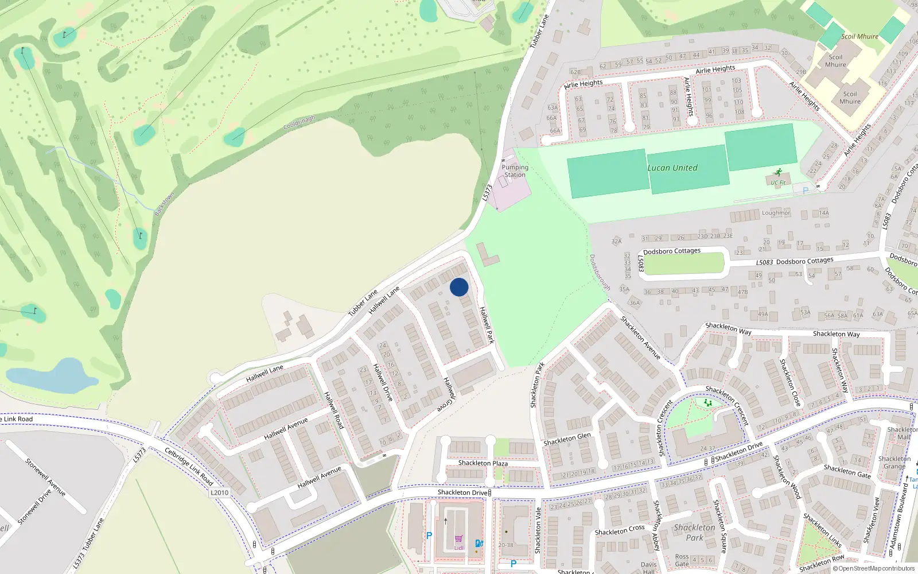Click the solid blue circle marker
click(x=459, y=287)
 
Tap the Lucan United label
click(x=672, y=168)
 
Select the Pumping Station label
click(x=515, y=171)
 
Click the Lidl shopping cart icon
click(x=459, y=539)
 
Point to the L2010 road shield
click(x=219, y=492)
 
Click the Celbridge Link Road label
click(x=189, y=466)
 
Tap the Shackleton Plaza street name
click(x=483, y=463)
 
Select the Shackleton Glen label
click(x=567, y=439)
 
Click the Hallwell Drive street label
click(x=383, y=382)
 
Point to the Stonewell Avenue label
click(x=45, y=477)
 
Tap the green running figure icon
click(x=778, y=172)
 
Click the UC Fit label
click(x=778, y=183)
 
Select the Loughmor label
click(x=776, y=213)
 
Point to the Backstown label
click(x=164, y=204)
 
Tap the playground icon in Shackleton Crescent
click(x=708, y=403)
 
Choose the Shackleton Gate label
click(x=847, y=471)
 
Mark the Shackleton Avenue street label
click(x=640, y=338)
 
